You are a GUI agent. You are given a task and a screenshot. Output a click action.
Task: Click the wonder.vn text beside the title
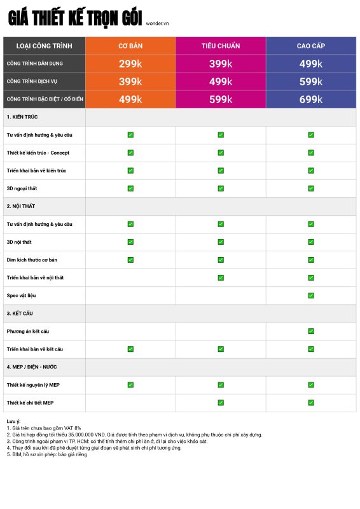[x=157, y=24]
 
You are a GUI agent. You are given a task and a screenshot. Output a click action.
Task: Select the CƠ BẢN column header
[x=130, y=46]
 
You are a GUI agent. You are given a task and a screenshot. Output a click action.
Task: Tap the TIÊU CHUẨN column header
[x=221, y=46]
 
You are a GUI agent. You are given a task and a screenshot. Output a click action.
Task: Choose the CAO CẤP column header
[x=311, y=46]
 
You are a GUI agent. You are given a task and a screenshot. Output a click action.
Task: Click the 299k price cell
[x=130, y=64]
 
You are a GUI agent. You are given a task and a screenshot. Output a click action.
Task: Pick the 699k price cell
[x=311, y=99]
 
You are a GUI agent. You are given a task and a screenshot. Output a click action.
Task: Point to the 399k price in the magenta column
[x=221, y=64]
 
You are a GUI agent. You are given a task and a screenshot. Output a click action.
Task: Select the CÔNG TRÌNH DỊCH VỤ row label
[x=32, y=81]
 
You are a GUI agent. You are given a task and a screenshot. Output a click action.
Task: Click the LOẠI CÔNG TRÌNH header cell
[x=44, y=46]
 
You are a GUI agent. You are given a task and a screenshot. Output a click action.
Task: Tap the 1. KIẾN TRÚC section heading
[x=22, y=117]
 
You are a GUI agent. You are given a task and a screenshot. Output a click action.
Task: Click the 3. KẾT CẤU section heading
[x=20, y=313]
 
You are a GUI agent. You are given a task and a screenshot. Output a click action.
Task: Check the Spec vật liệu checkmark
[x=311, y=295]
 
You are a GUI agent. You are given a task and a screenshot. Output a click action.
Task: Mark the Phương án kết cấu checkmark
[x=311, y=331]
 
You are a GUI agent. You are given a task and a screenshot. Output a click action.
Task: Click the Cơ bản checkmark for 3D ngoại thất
[x=130, y=188]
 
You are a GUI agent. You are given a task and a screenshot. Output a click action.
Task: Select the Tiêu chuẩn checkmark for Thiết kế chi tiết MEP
[x=221, y=403]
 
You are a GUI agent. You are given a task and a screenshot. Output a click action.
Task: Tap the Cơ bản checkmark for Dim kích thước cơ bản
[x=130, y=260]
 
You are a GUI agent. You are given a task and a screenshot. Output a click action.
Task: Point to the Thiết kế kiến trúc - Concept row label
[x=38, y=153]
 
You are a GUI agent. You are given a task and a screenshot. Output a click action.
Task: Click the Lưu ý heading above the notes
[x=13, y=421]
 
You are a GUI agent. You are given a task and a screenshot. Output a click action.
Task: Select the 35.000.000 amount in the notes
[x=81, y=435]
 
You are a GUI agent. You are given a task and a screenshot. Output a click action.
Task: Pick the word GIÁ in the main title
[x=18, y=18]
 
